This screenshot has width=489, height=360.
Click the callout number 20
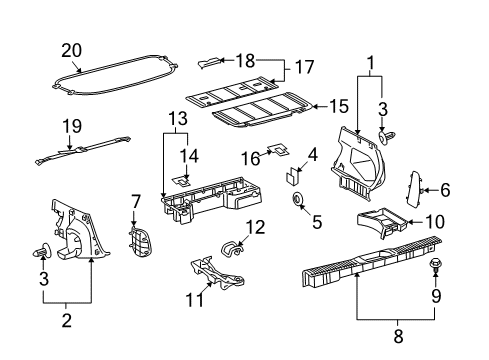point(70,49)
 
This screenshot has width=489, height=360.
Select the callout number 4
point(312,155)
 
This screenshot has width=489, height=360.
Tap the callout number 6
point(446,187)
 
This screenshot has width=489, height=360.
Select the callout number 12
point(256,227)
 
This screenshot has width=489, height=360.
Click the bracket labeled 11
point(220,273)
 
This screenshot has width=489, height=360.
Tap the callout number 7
point(136,203)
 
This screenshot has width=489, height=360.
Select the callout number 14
point(190,155)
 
